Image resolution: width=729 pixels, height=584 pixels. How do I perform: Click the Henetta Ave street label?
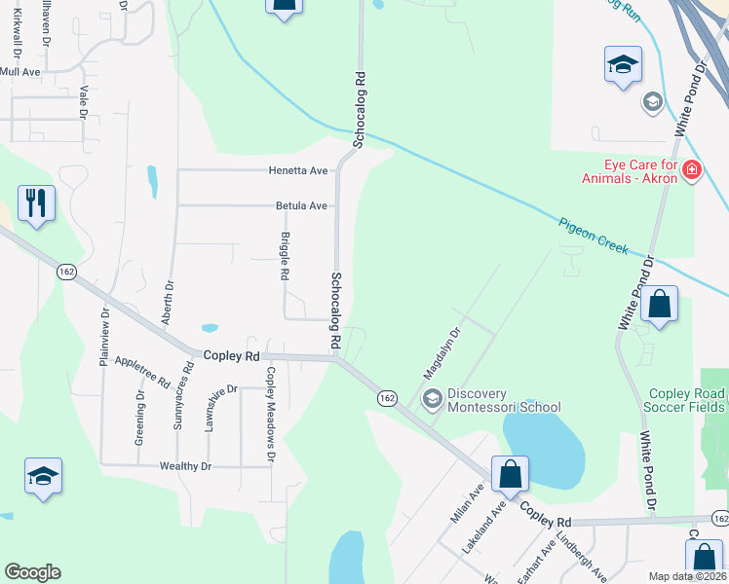(298, 170)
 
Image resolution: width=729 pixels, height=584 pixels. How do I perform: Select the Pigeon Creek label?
(595, 236)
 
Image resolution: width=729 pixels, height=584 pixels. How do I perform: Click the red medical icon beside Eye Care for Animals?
(691, 170)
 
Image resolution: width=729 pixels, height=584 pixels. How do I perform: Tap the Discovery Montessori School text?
(504, 400)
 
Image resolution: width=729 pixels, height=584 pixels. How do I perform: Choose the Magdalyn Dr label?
(441, 353)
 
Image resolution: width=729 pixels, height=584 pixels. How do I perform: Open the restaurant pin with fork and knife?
(36, 203)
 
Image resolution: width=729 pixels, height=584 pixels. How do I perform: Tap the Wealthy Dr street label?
(186, 466)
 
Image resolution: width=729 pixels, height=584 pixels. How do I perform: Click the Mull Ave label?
(19, 72)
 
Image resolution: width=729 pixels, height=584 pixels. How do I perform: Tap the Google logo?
(32, 572)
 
